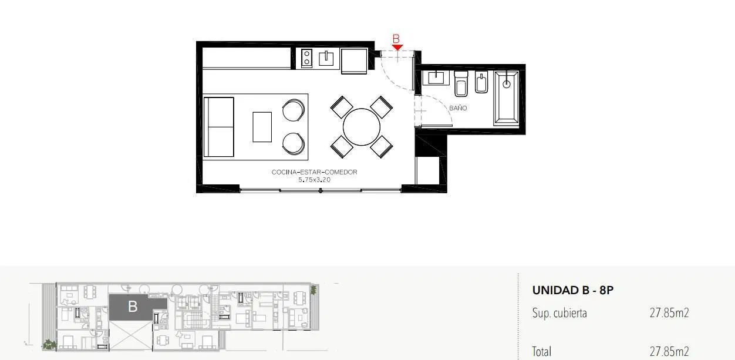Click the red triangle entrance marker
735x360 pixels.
click(x=397, y=48)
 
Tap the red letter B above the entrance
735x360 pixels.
click(x=396, y=39)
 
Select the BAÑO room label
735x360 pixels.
click(x=458, y=108)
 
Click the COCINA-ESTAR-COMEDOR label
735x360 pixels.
click(x=314, y=172)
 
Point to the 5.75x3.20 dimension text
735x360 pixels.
click(x=314, y=180)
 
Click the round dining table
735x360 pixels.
click(x=362, y=127)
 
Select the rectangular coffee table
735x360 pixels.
click(x=262, y=127)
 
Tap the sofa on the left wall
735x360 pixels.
click(x=219, y=127)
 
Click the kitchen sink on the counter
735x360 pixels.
click(x=326, y=58)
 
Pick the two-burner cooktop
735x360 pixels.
click(x=306, y=58)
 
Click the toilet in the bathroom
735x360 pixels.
click(x=461, y=84)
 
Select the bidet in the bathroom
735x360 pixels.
click(x=481, y=83)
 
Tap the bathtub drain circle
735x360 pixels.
click(x=507, y=85)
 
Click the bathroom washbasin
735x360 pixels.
click(x=436, y=78)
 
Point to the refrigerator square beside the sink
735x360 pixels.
click(x=354, y=61)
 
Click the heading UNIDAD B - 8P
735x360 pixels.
click(x=572, y=291)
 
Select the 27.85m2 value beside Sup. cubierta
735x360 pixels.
click(x=669, y=313)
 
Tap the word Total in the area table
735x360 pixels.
click(x=541, y=351)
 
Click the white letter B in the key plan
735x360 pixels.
click(x=133, y=307)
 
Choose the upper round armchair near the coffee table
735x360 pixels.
click(x=294, y=110)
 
